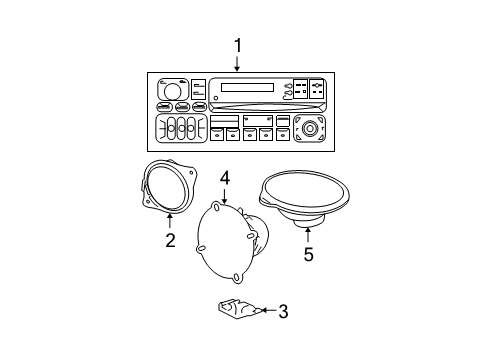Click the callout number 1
[237, 45]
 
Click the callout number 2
[170, 240]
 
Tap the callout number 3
[283, 311]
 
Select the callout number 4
[225, 178]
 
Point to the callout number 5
[308, 254]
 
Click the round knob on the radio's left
[173, 91]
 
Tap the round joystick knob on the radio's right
[310, 129]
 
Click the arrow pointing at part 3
[264, 311]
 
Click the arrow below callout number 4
[225, 195]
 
